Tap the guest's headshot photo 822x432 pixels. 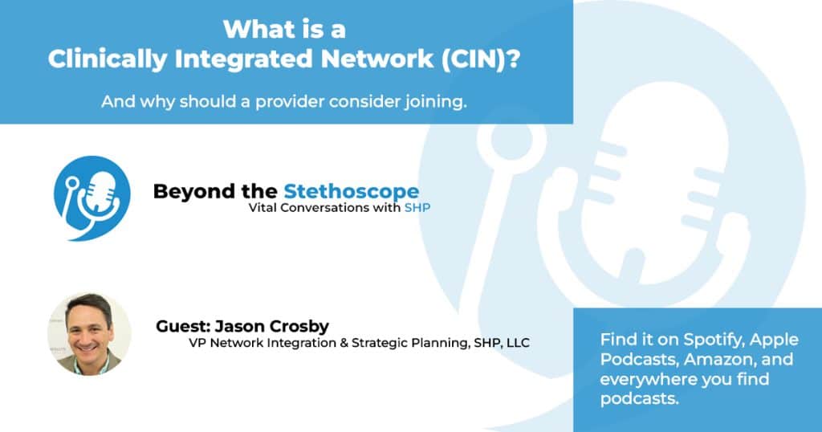(x=89, y=332)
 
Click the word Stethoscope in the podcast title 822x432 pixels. (x=351, y=191)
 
